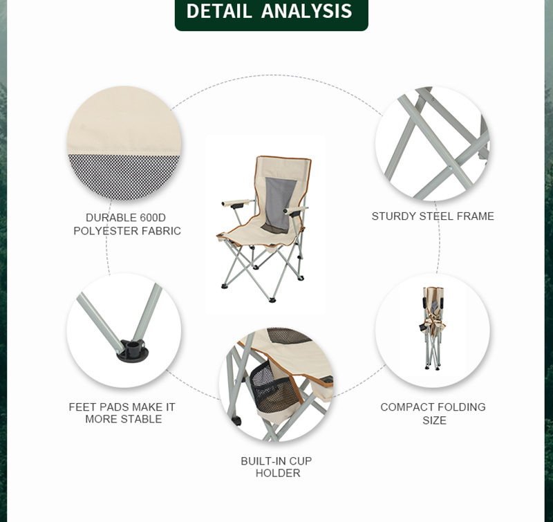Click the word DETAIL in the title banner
(218, 10)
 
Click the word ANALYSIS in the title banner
(306, 10)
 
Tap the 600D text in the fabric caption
(153, 217)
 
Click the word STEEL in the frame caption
(436, 216)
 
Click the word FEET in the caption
(82, 407)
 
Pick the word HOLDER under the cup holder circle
(278, 473)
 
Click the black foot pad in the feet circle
(133, 351)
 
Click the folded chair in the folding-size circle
(433, 328)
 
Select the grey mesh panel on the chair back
(279, 205)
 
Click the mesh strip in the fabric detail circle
(124, 176)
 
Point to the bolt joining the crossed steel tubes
(451, 168)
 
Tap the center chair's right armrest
(296, 210)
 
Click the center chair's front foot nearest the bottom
(272, 300)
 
